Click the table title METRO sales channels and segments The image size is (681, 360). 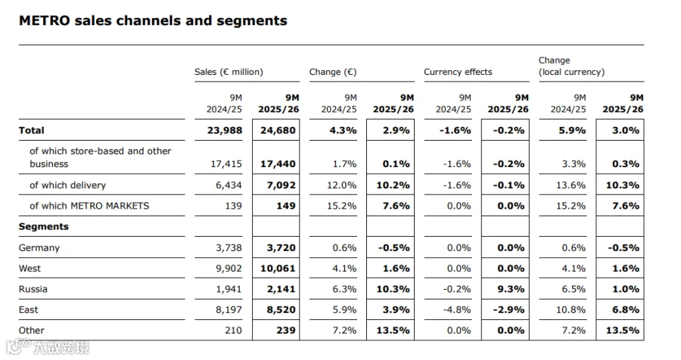[x=153, y=20]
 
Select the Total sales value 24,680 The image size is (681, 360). [x=278, y=130]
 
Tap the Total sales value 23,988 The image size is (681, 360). [x=225, y=130]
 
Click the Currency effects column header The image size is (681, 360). [x=458, y=72]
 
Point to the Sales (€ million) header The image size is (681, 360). [x=229, y=72]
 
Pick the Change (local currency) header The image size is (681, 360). [x=571, y=66]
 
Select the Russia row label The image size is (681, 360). [x=33, y=289]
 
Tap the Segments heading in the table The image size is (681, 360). [x=43, y=227]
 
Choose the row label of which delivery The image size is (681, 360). [x=67, y=185]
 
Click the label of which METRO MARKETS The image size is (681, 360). [x=89, y=206]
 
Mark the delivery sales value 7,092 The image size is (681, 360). [x=281, y=185]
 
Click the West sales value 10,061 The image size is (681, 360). [x=278, y=268]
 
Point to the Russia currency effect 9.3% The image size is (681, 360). [x=511, y=289]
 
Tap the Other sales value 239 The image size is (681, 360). [x=286, y=331]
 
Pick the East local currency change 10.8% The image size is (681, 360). [x=571, y=309]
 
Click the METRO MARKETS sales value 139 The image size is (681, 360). [x=233, y=206]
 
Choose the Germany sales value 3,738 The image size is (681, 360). [x=229, y=248]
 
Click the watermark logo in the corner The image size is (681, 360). [x=48, y=347]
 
